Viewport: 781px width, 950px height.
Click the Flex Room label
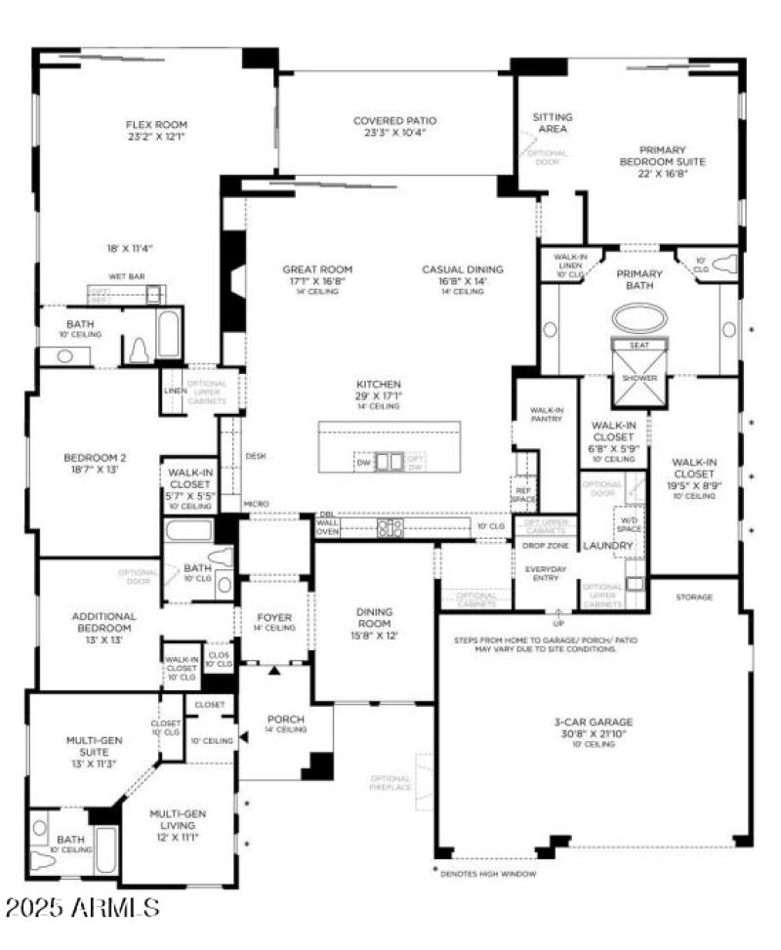[156, 124]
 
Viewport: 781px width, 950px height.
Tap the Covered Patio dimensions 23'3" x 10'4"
[394, 133]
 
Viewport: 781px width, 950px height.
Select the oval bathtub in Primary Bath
[639, 318]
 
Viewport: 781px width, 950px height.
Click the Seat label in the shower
[638, 345]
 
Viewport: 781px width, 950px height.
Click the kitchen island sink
[388, 461]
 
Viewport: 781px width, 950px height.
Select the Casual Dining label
[463, 268]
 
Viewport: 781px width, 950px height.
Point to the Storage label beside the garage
[694, 597]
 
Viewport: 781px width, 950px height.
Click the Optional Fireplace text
[390, 783]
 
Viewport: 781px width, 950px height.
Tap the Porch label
[286, 720]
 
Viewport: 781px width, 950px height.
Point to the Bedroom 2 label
[95, 457]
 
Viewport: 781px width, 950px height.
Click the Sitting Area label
[553, 122]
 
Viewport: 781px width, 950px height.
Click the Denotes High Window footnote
[488, 873]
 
